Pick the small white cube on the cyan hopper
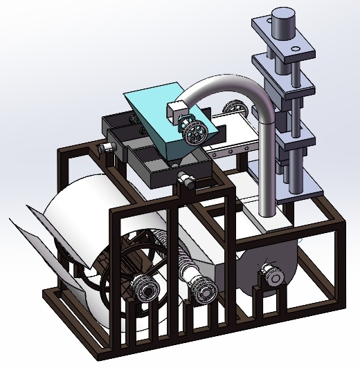pyautogui.click(x=176, y=110)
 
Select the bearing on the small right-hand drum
pyautogui.click(x=271, y=276)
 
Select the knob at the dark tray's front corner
pyautogui.click(x=186, y=181)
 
